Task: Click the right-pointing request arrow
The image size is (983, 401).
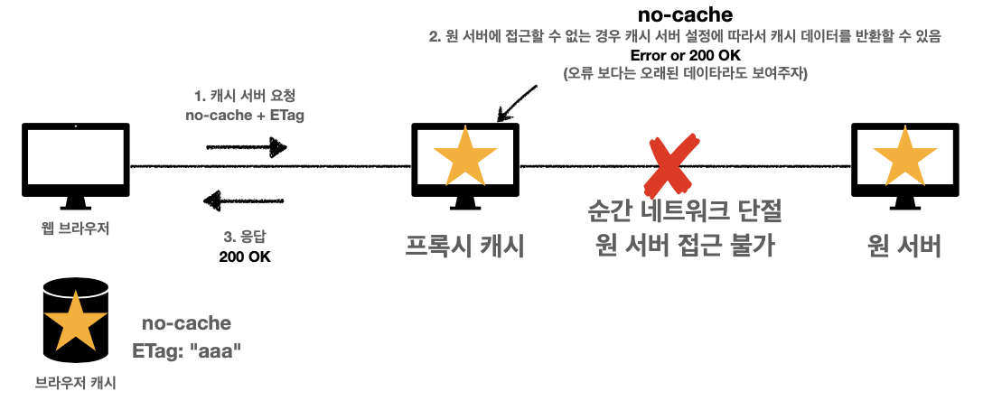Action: [x=247, y=145]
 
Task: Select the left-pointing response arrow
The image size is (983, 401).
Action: [x=246, y=200]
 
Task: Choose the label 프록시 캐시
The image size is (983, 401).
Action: [x=464, y=245]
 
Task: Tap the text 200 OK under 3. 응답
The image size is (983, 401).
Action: [x=245, y=256]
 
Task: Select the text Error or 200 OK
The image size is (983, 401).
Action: [x=684, y=55]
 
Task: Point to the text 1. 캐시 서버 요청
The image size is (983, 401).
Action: [x=246, y=95]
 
